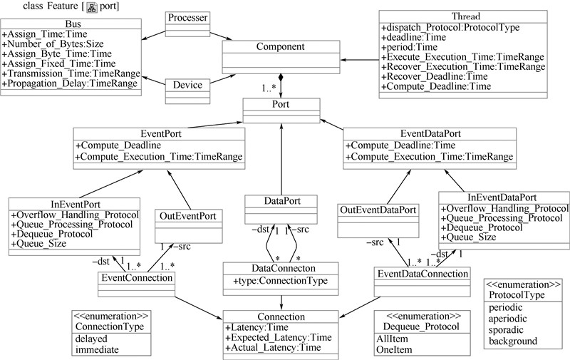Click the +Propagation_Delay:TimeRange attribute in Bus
tap(71, 84)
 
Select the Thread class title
tap(465, 16)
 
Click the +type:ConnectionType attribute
tap(281, 281)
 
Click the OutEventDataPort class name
tap(377, 210)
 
